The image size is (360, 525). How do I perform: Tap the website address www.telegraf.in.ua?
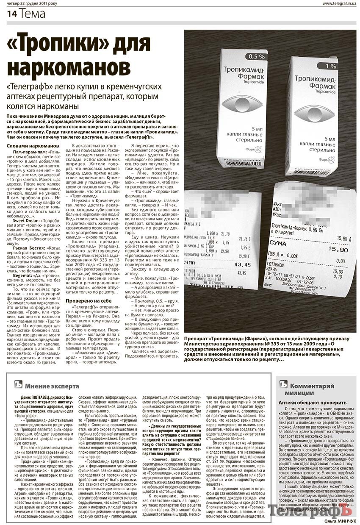click(x=338, y=4)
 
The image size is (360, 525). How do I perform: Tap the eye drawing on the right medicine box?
click(x=314, y=112)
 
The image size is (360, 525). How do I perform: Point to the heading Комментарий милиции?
click(x=312, y=389)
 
